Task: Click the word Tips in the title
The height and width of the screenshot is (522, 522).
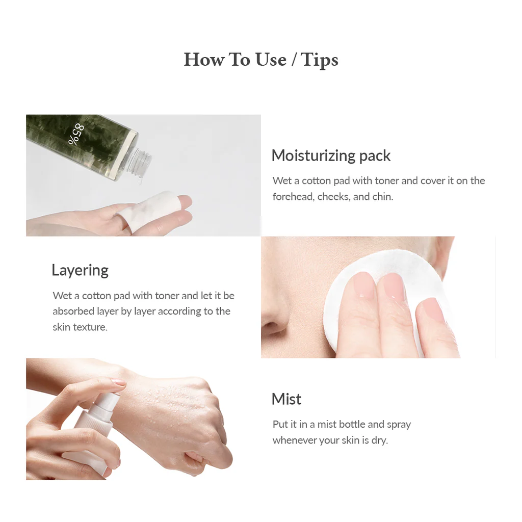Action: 320,60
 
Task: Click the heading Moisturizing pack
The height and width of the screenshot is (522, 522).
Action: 331,155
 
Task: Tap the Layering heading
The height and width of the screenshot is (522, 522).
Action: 80,270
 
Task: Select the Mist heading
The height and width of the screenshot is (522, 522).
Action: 286,399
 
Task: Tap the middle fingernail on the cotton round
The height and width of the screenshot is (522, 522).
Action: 393,288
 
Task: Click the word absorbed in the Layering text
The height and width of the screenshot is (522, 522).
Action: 73,311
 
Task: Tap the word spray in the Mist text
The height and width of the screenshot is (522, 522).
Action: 399,424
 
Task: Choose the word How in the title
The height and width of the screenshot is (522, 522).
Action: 203,60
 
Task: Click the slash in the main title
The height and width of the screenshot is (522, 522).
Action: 294,60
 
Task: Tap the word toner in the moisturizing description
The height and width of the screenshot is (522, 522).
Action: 387,181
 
